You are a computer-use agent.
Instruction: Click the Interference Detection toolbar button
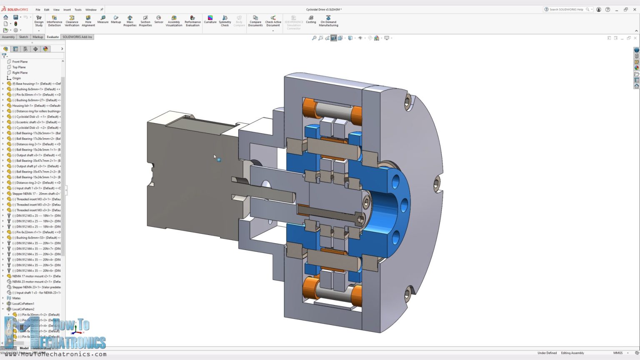[54, 21]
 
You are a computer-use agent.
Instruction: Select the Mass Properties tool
[130, 21]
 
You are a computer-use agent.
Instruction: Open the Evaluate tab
[52, 37]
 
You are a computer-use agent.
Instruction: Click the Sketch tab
[23, 37]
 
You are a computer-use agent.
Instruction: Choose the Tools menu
[78, 10]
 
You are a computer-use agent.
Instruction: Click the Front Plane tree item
[20, 62]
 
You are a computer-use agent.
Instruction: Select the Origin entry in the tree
[16, 78]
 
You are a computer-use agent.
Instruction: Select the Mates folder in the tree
[16, 298]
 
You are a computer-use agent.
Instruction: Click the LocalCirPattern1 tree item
[23, 304]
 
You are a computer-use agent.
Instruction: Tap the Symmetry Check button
[225, 21]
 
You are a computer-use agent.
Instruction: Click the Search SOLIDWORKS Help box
[566, 9]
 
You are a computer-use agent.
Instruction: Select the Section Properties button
[145, 21]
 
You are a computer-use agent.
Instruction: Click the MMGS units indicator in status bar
[617, 353]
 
